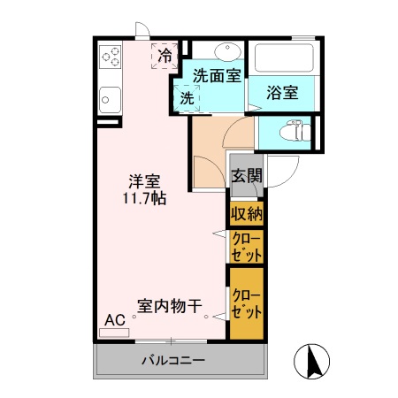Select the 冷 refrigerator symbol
click(x=165, y=55)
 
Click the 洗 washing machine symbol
click(x=187, y=97)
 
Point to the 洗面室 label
click(x=217, y=76)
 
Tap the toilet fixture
click(x=291, y=133)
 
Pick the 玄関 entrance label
click(x=246, y=175)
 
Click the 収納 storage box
click(x=246, y=213)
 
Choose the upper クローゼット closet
click(x=246, y=246)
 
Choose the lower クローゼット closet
click(x=246, y=304)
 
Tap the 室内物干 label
click(x=167, y=305)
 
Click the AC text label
click(x=115, y=319)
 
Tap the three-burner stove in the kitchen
click(x=111, y=57)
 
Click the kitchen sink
click(x=111, y=96)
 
